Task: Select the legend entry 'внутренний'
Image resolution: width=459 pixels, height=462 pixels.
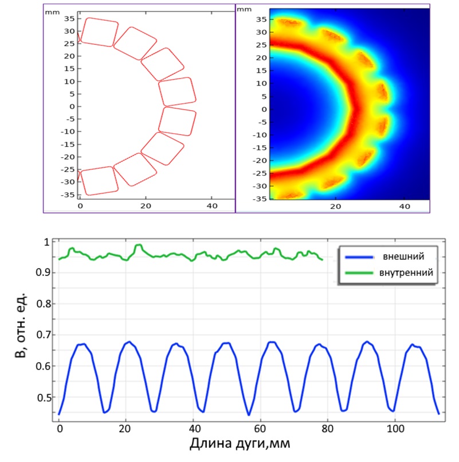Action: tap(402, 273)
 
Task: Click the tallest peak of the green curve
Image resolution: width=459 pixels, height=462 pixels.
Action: tap(138, 245)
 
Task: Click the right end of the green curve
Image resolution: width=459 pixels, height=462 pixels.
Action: tap(323, 260)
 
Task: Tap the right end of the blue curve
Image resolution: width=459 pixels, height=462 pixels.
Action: tap(438, 413)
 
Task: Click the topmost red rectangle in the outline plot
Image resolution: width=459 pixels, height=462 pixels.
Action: tap(99, 32)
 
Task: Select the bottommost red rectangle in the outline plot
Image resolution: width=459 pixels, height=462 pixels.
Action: tap(99, 181)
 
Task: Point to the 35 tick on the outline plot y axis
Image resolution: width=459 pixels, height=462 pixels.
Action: tap(69, 18)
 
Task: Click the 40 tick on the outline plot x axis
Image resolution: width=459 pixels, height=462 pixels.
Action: tap(212, 205)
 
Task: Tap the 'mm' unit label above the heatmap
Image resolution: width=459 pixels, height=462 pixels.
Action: tap(244, 9)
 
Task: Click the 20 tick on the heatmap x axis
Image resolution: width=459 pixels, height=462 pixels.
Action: tap(337, 205)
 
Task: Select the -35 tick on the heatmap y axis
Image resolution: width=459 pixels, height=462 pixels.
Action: tap(260, 198)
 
